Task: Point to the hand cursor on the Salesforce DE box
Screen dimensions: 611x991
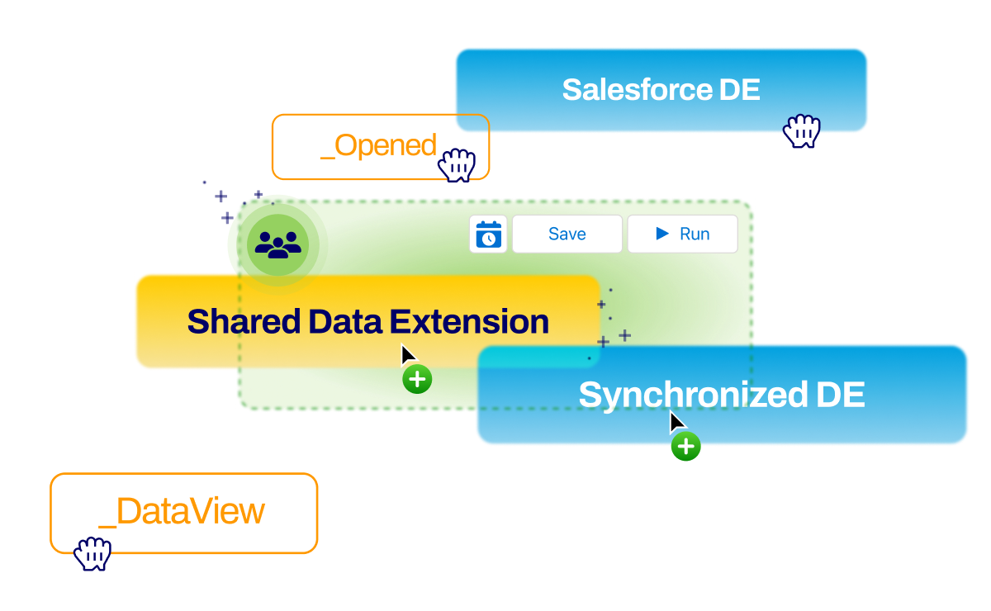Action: coord(801,130)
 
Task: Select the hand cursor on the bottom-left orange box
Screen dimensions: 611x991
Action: coord(92,553)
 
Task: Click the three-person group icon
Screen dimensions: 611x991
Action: coord(278,244)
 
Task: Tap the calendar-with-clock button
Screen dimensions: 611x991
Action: coord(488,234)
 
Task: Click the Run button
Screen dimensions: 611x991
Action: coord(682,234)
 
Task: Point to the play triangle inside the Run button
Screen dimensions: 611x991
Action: coord(662,234)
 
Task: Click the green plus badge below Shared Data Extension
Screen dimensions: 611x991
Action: coord(417,380)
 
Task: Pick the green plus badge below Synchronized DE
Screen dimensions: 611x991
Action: coord(685,448)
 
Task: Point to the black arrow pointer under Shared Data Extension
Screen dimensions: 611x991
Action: coord(407,354)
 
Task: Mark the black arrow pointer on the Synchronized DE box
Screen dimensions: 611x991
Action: coord(676,422)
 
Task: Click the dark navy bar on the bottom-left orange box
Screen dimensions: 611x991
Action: coord(206,543)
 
